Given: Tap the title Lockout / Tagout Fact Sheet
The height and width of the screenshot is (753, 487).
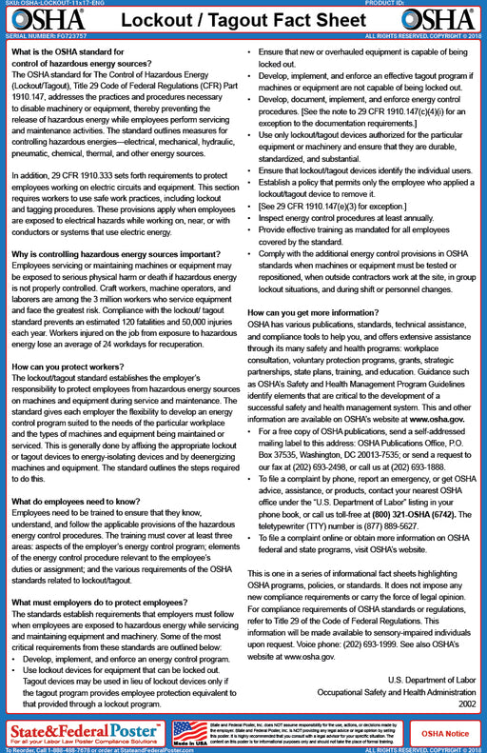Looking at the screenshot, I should [243, 20].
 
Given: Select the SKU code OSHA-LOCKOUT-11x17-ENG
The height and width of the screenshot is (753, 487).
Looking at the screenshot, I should [63, 3].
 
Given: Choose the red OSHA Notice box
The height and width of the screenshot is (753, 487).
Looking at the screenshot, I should [444, 732].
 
